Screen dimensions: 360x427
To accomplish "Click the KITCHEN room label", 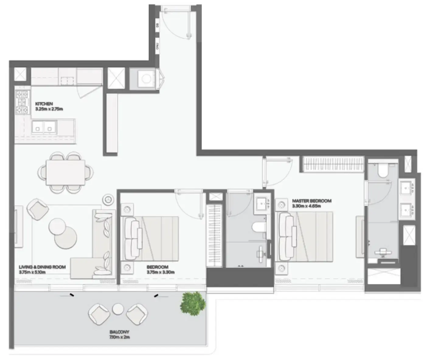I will (44, 104).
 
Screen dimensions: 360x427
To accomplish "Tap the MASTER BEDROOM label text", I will (311, 201).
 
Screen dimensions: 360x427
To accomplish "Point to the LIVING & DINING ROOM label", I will (42, 267).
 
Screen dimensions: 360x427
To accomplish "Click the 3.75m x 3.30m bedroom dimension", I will (161, 272).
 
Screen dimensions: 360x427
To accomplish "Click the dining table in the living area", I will (65, 173).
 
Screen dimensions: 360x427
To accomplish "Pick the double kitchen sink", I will (44, 127).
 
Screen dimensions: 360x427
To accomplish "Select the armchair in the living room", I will (38, 208).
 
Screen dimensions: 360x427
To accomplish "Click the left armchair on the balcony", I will (99, 314).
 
